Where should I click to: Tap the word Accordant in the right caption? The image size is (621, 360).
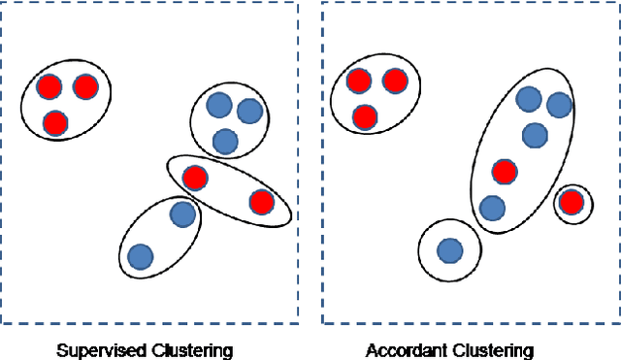point(404,350)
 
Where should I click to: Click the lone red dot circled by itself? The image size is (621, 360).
point(572,203)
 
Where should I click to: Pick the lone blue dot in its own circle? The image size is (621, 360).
point(449,251)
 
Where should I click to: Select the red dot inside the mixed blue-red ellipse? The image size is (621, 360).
point(504,172)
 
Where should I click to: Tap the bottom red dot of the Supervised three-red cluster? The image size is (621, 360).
point(55,123)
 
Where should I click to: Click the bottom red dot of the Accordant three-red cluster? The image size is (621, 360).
point(365,117)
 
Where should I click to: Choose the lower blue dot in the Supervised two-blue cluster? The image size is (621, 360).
point(141,256)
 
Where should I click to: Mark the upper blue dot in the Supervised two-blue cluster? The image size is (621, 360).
point(181,213)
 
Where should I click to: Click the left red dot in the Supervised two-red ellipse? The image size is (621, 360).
point(195,178)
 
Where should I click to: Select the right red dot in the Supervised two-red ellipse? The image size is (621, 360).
point(261,202)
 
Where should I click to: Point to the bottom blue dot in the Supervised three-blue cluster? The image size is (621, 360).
point(225,142)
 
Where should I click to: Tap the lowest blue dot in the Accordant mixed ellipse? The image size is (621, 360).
point(492,208)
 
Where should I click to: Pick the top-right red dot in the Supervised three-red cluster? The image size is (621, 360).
point(85,87)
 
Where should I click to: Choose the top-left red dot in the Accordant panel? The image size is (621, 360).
point(359,81)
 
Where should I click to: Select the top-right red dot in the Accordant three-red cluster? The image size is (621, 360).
point(394,81)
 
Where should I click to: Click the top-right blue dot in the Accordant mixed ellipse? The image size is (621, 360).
point(559,105)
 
